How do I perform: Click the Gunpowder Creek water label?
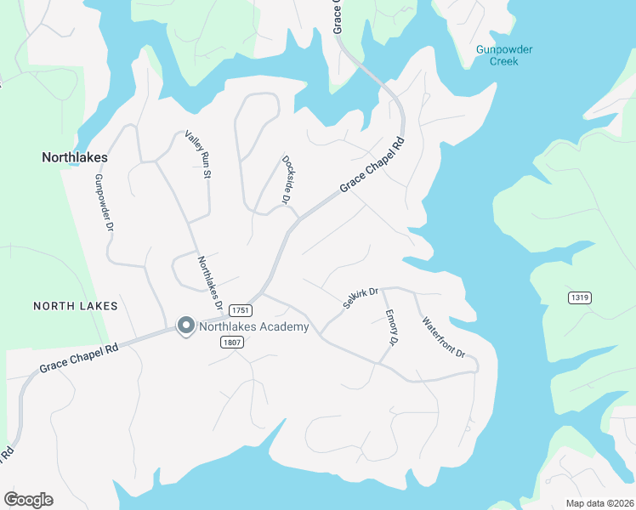(504, 55)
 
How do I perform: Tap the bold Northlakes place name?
(75, 157)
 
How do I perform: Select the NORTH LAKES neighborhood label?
(75, 305)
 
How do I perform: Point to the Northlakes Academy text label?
(253, 326)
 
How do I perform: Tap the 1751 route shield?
(240, 311)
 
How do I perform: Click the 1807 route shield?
(230, 343)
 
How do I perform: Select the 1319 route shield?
(582, 297)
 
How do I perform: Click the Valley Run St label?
(197, 155)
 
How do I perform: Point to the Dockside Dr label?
(287, 179)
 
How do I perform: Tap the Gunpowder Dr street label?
(104, 203)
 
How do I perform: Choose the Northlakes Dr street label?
(210, 283)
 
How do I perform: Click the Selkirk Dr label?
(360, 296)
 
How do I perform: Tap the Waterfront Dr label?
(444, 337)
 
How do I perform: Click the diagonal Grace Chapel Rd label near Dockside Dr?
(370, 163)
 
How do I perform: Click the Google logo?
(28, 500)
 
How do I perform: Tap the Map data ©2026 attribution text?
(598, 503)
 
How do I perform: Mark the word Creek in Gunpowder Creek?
(504, 62)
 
